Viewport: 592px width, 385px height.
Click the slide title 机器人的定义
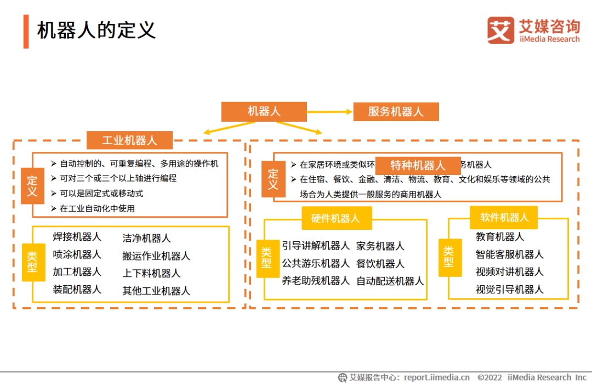click(96, 31)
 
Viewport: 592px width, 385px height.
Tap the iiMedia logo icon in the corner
click(500, 31)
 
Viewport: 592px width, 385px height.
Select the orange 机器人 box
click(264, 112)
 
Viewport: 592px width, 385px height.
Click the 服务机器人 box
click(396, 112)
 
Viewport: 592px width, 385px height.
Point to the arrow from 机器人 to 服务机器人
click(329, 112)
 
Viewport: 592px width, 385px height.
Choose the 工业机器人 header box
click(129, 140)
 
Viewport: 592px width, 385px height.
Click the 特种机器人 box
click(418, 166)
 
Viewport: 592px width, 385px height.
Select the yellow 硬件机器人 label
click(336, 218)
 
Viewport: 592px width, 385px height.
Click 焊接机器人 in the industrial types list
click(77, 237)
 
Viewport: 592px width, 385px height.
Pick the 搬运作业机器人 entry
click(156, 256)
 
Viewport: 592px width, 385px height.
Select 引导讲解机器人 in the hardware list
click(316, 246)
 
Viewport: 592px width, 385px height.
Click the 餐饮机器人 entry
click(380, 264)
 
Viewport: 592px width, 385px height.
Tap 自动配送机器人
click(390, 281)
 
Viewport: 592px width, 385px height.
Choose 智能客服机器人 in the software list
click(510, 254)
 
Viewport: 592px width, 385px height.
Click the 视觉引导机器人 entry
click(510, 290)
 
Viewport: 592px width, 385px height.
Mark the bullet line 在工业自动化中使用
click(97, 208)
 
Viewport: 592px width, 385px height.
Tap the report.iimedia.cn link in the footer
click(437, 377)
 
